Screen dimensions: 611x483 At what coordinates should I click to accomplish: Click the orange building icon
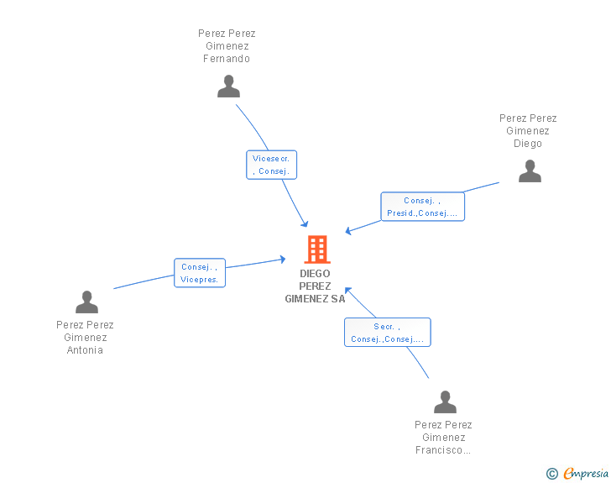(317, 249)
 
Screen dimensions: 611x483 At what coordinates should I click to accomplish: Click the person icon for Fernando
(229, 87)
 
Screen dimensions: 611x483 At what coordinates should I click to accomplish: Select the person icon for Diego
(530, 171)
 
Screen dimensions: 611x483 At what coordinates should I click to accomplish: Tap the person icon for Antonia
(87, 302)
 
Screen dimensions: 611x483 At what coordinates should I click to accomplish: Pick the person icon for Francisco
(445, 402)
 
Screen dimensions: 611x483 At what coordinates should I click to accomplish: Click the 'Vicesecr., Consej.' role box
(272, 165)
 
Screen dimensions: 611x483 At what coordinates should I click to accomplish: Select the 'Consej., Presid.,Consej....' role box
(423, 207)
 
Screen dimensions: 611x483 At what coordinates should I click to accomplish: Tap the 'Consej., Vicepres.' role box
(200, 273)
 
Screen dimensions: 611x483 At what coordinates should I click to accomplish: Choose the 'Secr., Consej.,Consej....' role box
(388, 333)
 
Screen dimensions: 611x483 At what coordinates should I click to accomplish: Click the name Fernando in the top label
(227, 59)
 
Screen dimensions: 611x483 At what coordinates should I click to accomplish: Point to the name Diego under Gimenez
(528, 144)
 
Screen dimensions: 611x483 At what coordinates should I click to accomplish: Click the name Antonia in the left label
(85, 350)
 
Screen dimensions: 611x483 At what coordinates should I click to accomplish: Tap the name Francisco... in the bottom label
(443, 450)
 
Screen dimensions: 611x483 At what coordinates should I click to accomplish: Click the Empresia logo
(586, 473)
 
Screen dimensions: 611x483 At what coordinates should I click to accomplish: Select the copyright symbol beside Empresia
(551, 474)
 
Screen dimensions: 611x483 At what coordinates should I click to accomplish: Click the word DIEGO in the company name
(315, 274)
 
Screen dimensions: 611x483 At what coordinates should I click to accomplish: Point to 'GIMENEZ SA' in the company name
(315, 299)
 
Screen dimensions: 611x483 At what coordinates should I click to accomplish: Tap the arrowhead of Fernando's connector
(305, 224)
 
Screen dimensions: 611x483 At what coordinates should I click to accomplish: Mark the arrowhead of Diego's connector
(348, 231)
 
